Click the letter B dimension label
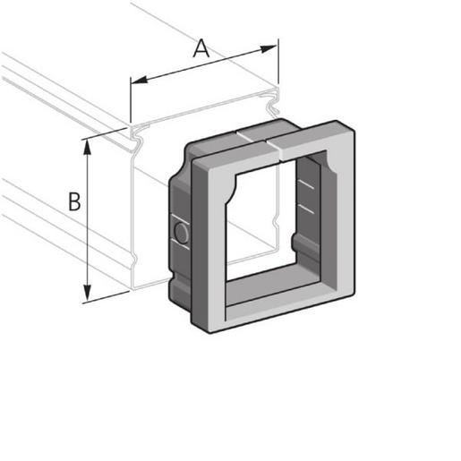(75, 202)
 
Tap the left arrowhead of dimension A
(136, 82)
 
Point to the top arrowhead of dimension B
(88, 145)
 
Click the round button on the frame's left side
(180, 235)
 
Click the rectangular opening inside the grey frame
(264, 224)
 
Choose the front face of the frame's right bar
(337, 224)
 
